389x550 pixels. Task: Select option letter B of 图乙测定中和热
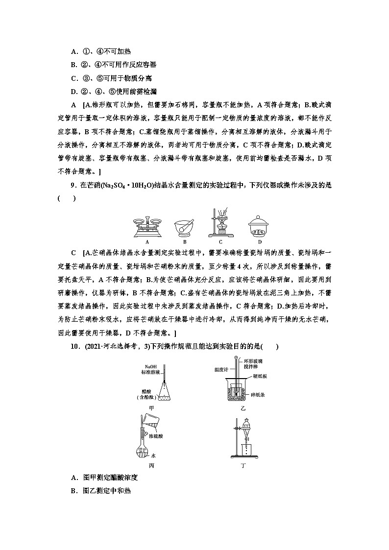point(74,490)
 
